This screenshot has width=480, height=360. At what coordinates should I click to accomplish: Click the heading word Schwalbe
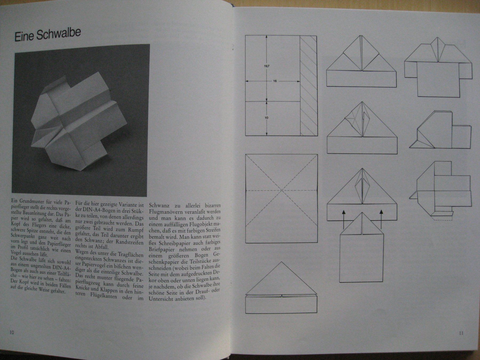coord(59,35)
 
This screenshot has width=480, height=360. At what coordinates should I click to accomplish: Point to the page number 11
coord(461,333)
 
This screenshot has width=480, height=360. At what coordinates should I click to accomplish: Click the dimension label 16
coord(275,81)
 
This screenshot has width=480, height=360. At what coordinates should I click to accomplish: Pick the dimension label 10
coord(267,118)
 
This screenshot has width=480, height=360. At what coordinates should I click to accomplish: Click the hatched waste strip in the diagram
coord(309,85)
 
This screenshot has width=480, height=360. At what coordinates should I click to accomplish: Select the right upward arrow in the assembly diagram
coord(381,219)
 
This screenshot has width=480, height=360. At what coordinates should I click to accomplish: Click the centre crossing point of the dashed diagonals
coord(282,190)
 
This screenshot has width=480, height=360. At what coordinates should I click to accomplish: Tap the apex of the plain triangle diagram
coord(281,262)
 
